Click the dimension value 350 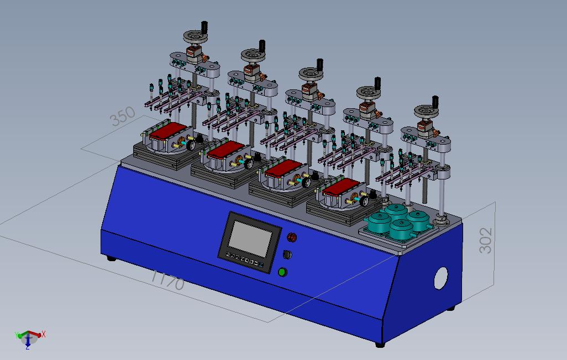coord(123,116)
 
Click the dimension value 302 coord(485,240)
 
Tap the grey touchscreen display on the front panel coord(250,239)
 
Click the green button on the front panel coord(282,272)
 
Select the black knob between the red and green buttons coord(287,255)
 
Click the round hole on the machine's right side coord(440,278)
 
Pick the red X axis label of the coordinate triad coord(44,334)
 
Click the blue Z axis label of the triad coord(28,347)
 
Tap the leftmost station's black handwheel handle coord(204,27)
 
